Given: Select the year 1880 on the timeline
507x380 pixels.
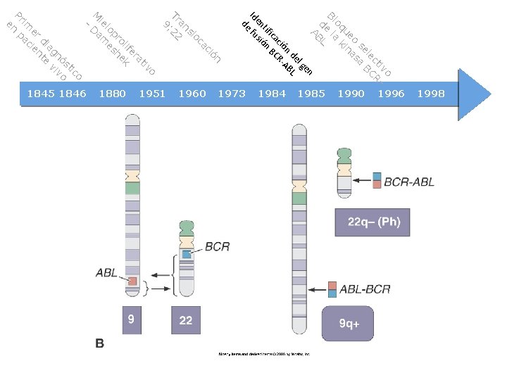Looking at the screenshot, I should pyautogui.click(x=113, y=94).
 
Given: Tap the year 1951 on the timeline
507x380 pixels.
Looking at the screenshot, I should pyautogui.click(x=153, y=94).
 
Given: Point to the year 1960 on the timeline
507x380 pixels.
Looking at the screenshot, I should pyautogui.click(x=192, y=94).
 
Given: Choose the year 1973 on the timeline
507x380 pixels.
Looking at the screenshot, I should pyautogui.click(x=232, y=94).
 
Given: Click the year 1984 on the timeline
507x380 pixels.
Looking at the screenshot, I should pyautogui.click(x=272, y=94).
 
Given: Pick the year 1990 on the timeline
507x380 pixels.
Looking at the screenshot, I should pyautogui.click(x=351, y=94).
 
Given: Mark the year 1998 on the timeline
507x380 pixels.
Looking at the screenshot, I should pyautogui.click(x=430, y=94).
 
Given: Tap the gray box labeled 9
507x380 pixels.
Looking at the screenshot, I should pyautogui.click(x=132, y=319).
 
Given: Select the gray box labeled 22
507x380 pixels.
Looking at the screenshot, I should pyautogui.click(x=186, y=319).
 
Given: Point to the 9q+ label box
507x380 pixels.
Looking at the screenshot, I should pyautogui.click(x=349, y=324).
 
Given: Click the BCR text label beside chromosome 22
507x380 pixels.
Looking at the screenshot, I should pyautogui.click(x=217, y=246).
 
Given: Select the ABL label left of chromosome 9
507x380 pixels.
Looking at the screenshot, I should pyautogui.click(x=106, y=272).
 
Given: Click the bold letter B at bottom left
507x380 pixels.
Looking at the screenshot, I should pyautogui.click(x=100, y=343).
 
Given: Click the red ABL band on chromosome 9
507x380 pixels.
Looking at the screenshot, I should pyautogui.click(x=132, y=281).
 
